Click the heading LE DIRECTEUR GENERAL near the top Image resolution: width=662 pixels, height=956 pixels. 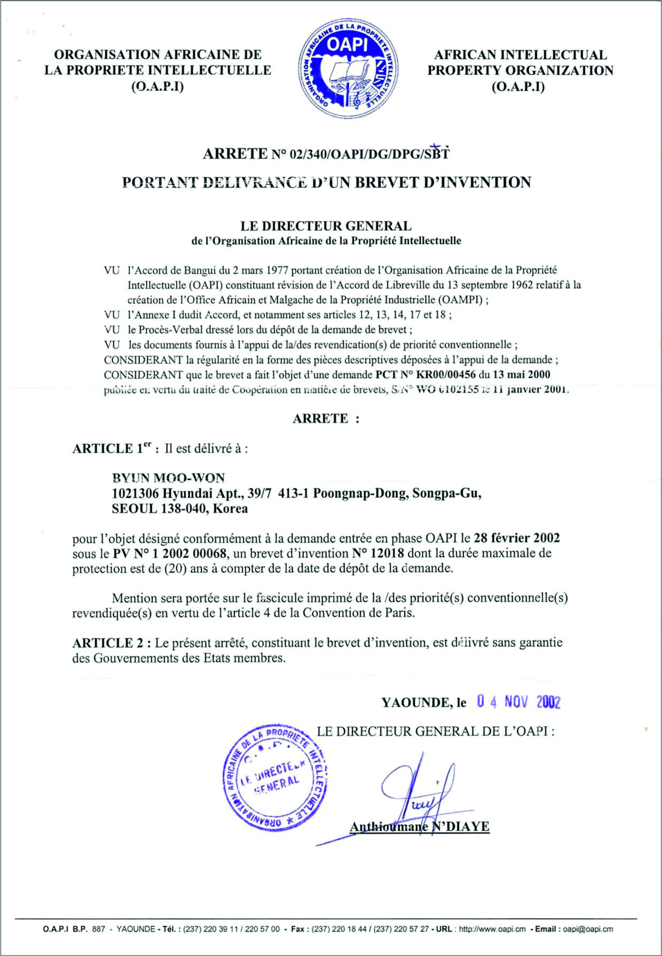tap(326, 226)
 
